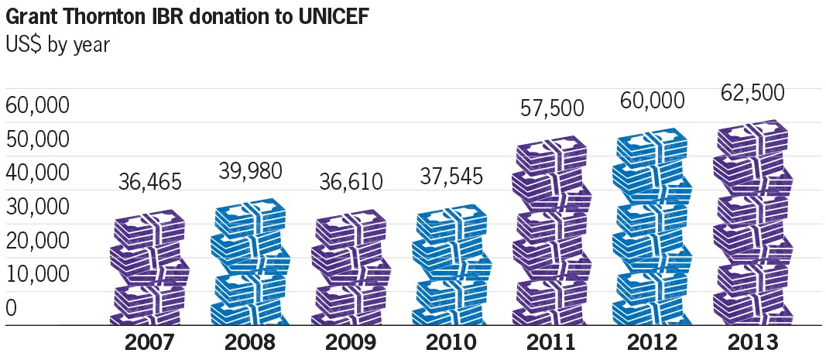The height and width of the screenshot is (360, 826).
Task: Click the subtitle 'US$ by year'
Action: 57,45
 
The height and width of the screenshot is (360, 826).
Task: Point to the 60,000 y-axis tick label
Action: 38,105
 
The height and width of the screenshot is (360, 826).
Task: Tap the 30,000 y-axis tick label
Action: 38,207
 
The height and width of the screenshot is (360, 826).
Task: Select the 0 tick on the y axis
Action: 12,308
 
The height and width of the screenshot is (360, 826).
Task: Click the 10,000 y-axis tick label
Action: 38,274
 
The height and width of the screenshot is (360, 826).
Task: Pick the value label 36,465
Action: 150,183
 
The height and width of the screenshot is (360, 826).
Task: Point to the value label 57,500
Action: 552,109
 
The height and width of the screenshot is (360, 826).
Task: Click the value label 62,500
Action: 752,93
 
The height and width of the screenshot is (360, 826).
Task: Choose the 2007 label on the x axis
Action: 150,343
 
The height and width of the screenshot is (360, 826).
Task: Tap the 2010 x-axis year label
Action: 451,343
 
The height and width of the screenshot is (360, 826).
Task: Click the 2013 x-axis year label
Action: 752,343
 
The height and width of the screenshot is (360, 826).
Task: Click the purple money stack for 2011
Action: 552,232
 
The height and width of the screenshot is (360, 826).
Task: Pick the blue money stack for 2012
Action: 652,228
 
